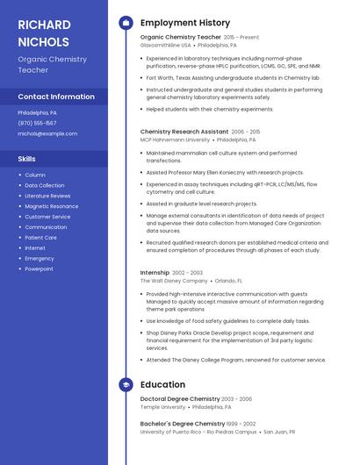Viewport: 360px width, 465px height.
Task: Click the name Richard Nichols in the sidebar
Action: point(43,33)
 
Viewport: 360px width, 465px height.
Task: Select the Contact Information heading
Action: point(56,97)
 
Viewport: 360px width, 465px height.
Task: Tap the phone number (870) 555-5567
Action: point(37,123)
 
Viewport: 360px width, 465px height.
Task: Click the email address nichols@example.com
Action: point(47,133)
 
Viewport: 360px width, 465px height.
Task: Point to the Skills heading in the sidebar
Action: point(27,159)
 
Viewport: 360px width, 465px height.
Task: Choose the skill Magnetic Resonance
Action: point(51,206)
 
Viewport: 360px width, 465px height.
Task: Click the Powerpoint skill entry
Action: point(39,268)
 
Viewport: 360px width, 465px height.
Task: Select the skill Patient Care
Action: point(40,237)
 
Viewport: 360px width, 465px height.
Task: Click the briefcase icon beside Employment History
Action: point(126,23)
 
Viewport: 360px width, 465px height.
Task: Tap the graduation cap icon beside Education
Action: point(126,384)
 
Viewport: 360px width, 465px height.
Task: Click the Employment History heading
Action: point(185,23)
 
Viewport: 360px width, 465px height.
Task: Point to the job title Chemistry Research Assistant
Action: point(184,132)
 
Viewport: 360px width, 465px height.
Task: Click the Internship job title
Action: point(155,273)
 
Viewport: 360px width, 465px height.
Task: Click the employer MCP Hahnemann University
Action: point(175,139)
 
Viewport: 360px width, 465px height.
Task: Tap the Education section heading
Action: point(162,384)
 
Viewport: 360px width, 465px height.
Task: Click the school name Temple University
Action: point(162,407)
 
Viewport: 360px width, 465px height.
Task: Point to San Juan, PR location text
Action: point(279,432)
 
